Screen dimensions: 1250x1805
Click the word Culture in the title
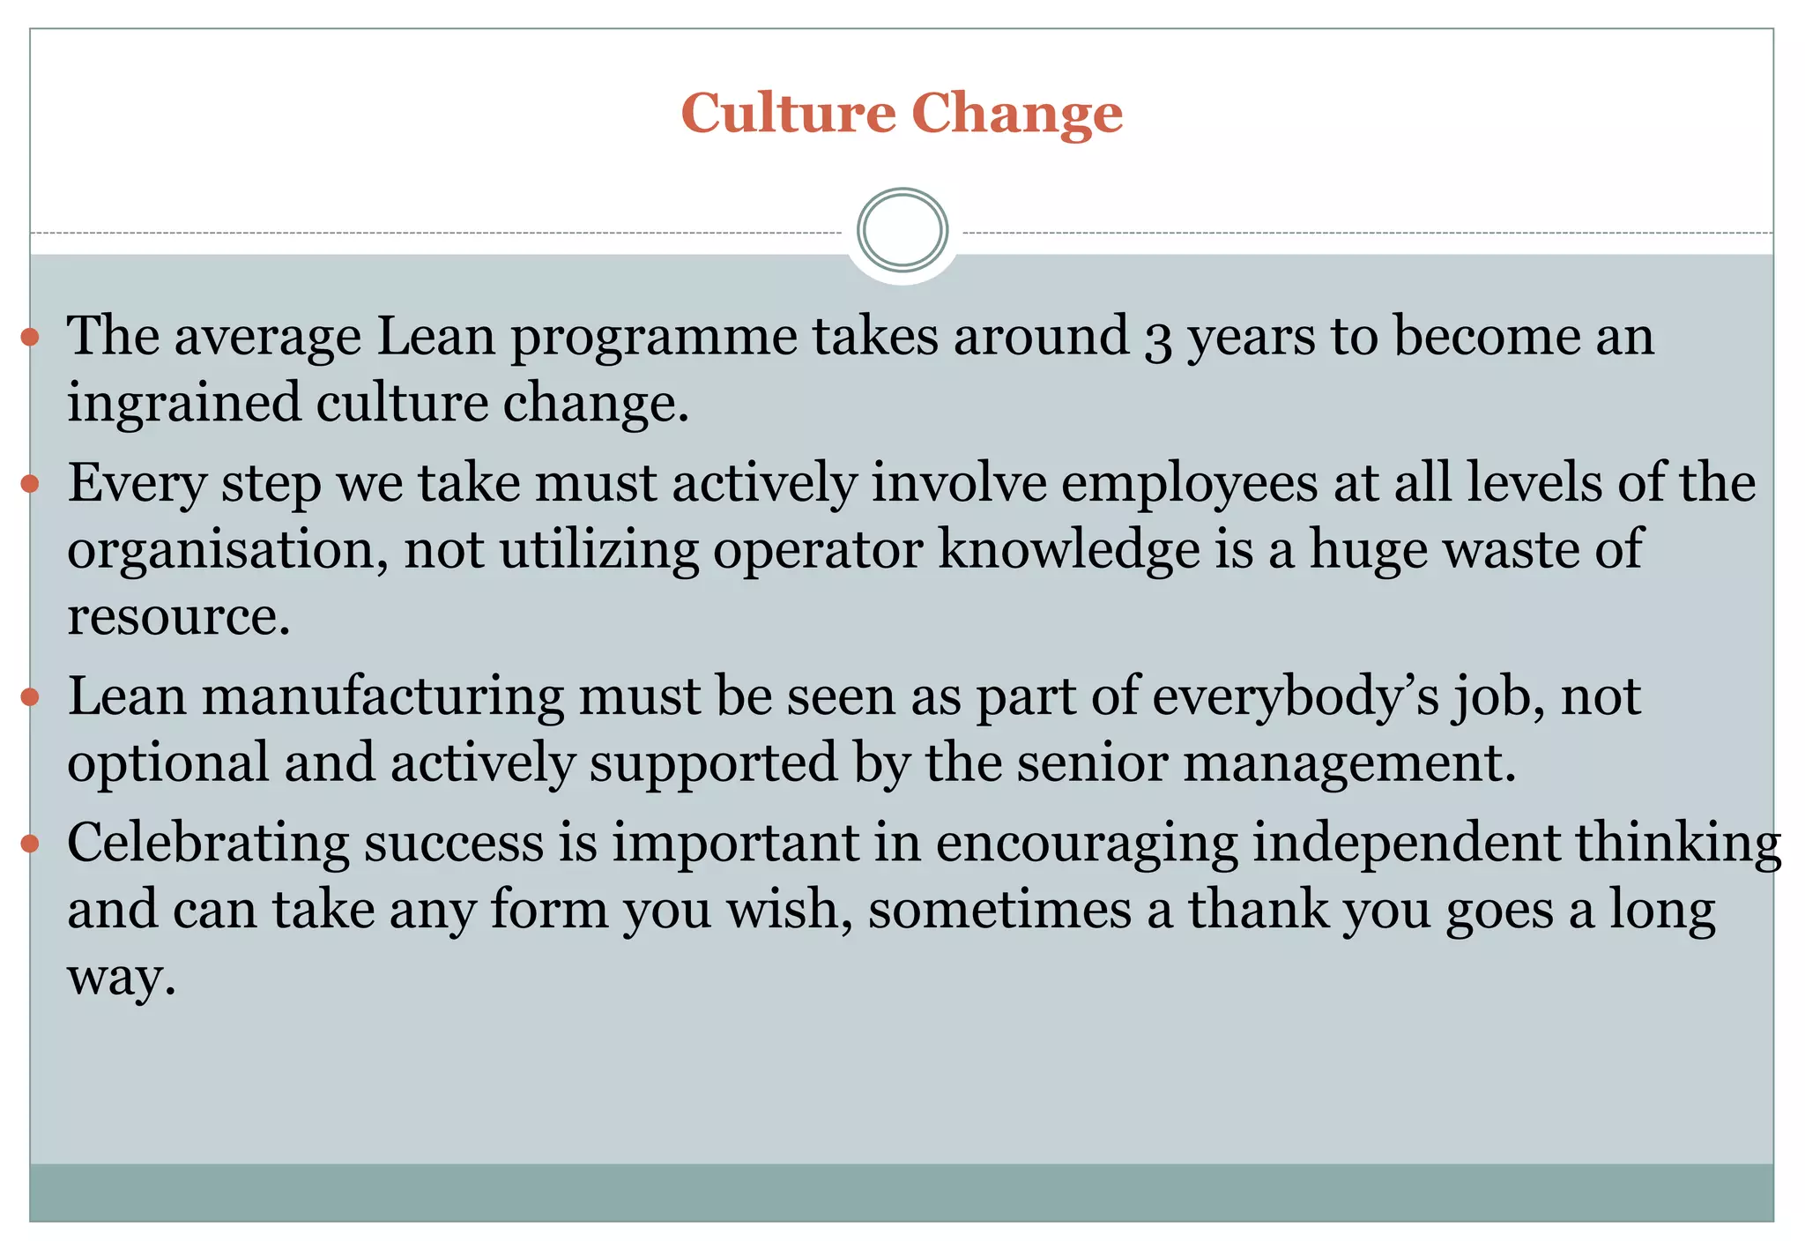(x=788, y=114)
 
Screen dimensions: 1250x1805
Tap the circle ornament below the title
(x=902, y=230)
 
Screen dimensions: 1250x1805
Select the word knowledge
(x=1068, y=552)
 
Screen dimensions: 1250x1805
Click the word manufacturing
(x=383, y=697)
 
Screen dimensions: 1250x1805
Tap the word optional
(x=167, y=764)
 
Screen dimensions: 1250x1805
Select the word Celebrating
(x=208, y=844)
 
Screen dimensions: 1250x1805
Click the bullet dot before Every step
(x=30, y=484)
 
